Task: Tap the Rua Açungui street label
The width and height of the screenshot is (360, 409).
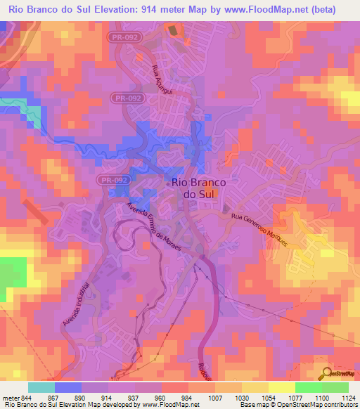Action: [158, 82]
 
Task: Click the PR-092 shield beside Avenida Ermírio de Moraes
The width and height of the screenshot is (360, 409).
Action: [113, 181]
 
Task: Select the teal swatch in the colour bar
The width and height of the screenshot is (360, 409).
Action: [41, 387]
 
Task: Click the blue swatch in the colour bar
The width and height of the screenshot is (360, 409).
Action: [67, 387]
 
